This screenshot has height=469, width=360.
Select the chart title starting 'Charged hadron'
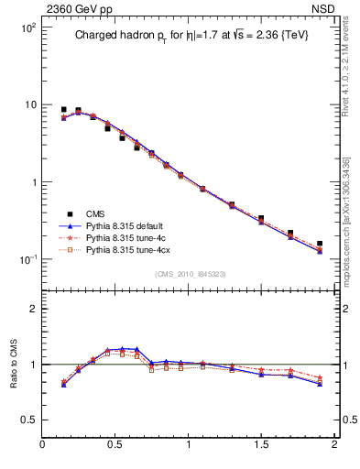191,36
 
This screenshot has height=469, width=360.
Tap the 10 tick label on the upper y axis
29,104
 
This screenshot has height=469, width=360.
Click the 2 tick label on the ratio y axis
33,309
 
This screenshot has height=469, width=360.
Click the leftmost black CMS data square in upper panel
63,109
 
